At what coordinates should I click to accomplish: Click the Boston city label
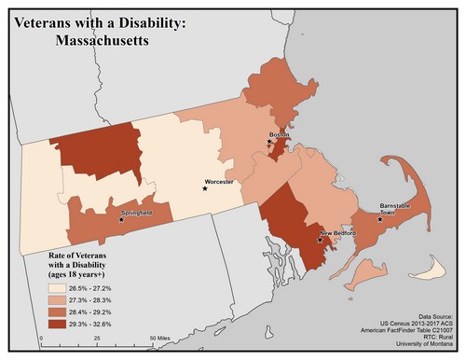tap(279, 135)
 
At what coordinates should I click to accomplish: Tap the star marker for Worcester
tap(206, 188)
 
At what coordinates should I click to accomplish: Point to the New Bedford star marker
tap(320, 240)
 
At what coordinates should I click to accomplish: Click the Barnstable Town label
tap(392, 209)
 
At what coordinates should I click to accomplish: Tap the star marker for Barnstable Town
tap(379, 220)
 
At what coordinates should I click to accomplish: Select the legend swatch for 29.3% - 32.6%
tap(58, 323)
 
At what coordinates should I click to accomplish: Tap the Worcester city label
tap(220, 181)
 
